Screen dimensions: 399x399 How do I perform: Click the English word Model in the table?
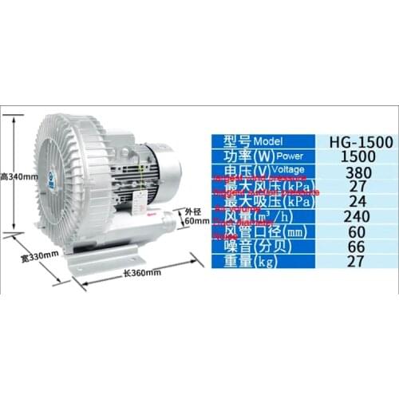pos(271,142)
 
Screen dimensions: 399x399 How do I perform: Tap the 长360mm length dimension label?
pos(143,272)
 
